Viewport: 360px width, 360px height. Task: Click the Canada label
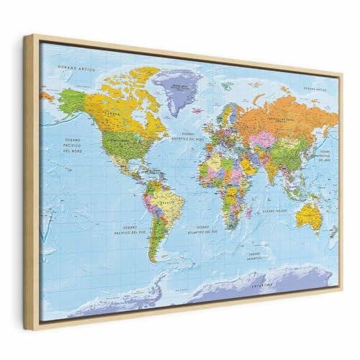109,114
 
